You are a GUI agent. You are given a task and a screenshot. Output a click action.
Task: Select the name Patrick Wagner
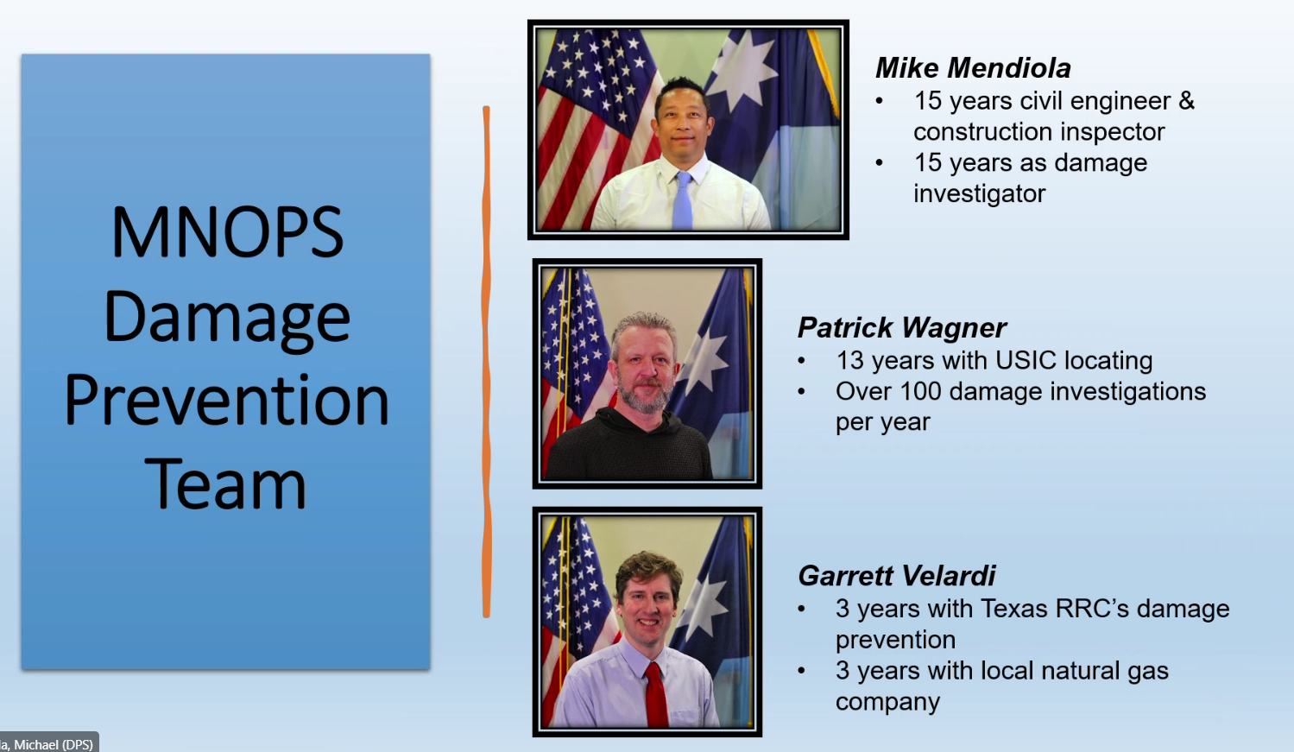(x=902, y=328)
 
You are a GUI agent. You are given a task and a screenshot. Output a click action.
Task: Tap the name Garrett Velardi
(x=897, y=576)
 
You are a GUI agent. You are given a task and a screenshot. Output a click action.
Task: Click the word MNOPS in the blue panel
(x=227, y=233)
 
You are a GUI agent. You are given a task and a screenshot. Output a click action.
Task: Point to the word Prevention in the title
(x=227, y=400)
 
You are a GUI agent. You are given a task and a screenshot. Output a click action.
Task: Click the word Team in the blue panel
(x=225, y=483)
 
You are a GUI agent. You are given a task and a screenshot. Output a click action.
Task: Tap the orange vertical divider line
(x=486, y=362)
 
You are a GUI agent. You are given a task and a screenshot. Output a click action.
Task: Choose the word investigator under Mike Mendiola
(x=980, y=194)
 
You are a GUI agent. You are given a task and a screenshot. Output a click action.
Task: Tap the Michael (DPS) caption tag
(x=48, y=744)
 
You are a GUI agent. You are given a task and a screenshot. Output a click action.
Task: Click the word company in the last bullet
(x=888, y=702)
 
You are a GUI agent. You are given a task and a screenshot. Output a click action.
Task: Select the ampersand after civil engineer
(x=1186, y=101)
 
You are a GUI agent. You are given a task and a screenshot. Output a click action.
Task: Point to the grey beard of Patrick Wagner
(x=645, y=394)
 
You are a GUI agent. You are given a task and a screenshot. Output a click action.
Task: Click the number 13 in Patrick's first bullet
(x=849, y=360)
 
